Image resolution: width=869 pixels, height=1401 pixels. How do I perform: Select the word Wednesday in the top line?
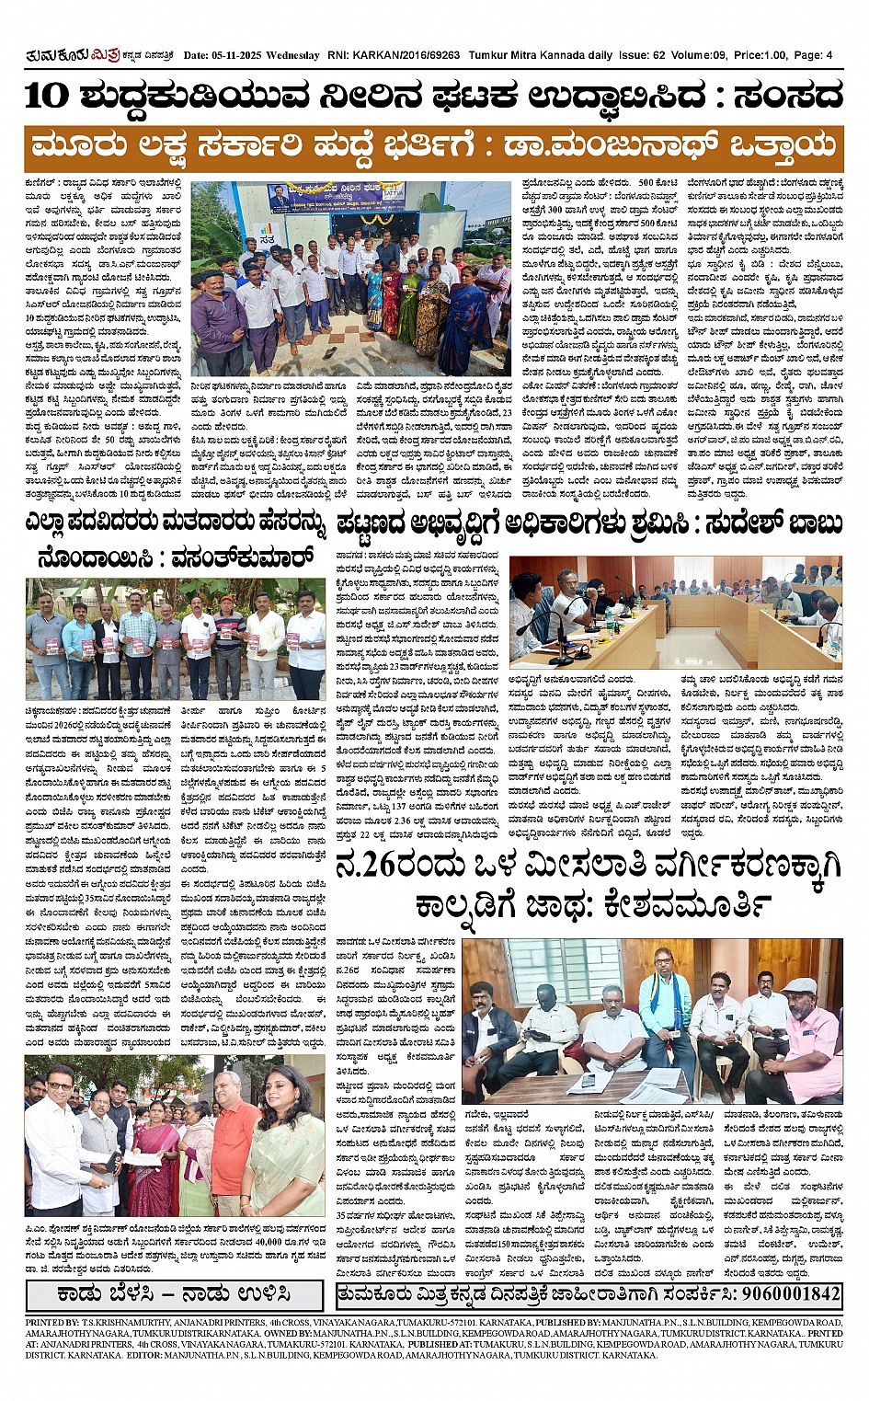293,56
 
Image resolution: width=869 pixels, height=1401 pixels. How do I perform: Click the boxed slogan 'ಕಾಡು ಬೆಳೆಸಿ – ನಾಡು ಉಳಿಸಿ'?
176,1293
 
